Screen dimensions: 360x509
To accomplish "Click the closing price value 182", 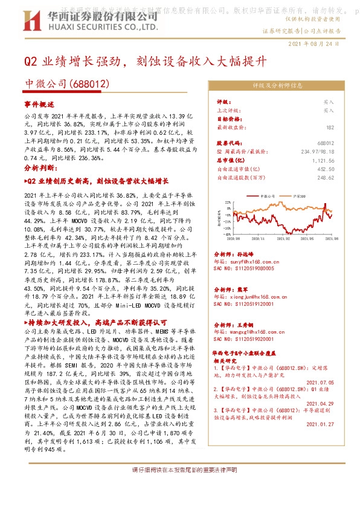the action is tap(330, 128).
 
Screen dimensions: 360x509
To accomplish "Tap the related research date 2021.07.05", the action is tap(320, 382).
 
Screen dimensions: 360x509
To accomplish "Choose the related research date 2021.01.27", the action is tap(320, 424).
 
